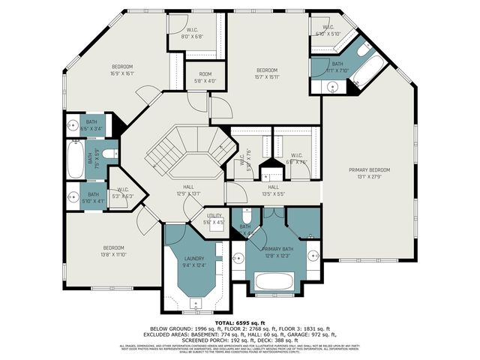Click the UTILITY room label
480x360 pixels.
[213, 217]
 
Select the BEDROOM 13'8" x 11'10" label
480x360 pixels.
[114, 251]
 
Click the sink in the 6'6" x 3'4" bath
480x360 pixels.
[73, 125]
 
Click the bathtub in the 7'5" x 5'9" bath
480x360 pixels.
[75, 158]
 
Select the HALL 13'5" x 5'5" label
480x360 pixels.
[273, 190]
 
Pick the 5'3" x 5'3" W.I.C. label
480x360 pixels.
[121, 193]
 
